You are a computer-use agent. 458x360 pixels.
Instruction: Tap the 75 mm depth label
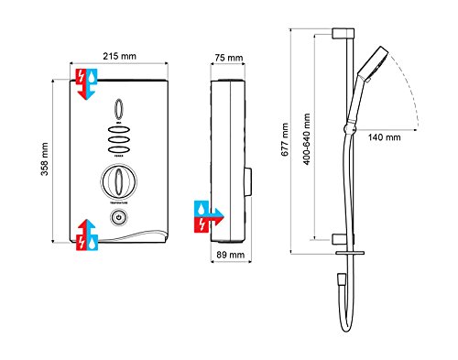click(x=229, y=59)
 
